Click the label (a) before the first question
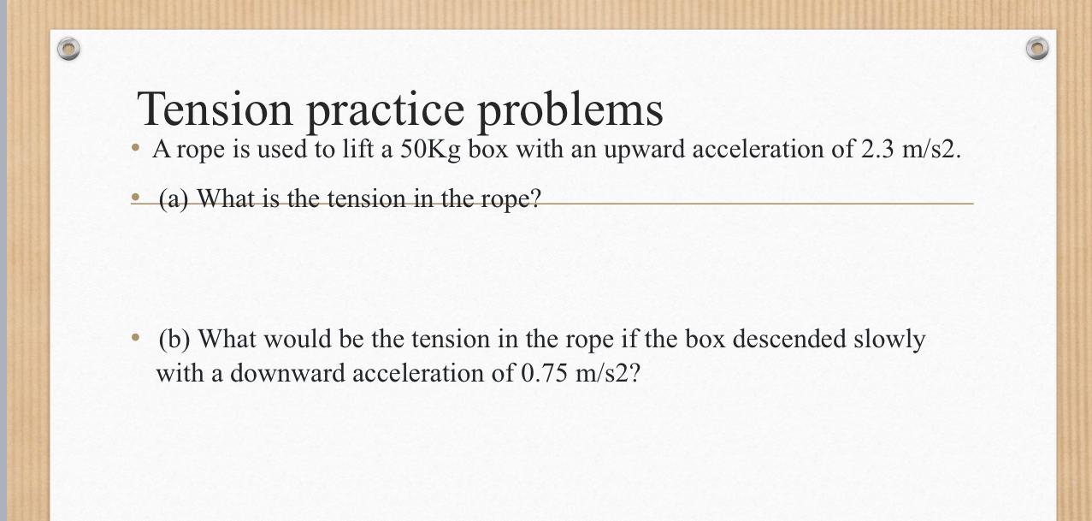174,199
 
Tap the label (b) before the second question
174,340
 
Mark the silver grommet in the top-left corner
68,49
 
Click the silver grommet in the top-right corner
1036,48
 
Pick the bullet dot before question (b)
135,339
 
